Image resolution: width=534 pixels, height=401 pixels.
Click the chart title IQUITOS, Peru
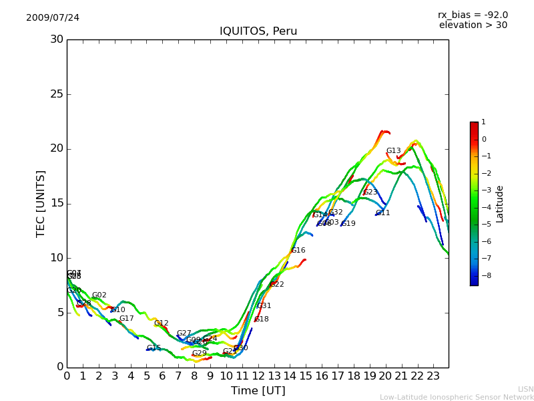tap(258, 31)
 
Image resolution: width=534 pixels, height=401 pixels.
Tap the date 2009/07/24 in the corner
tap(53, 17)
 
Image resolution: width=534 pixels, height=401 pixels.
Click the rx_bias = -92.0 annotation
tap(473, 15)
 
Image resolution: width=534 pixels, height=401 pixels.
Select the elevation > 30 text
tap(473, 25)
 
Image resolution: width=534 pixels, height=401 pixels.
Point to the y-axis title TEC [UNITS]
tap(41, 203)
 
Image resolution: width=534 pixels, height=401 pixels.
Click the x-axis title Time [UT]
tap(258, 390)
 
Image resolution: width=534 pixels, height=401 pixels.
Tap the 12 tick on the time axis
tap(258, 376)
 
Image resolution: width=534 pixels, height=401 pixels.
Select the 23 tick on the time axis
tap(433, 376)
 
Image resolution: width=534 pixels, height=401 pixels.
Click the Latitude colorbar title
tap(500, 203)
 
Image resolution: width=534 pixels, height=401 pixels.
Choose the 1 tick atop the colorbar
tap(483, 122)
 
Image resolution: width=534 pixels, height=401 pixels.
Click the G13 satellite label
tap(393, 151)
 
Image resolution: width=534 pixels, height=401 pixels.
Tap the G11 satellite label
tap(382, 213)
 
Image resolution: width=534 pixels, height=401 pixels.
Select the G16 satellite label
tap(298, 251)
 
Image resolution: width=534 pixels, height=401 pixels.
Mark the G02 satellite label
tap(99, 295)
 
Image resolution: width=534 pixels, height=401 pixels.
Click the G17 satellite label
tap(126, 319)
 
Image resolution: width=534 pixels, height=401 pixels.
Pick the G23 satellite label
tap(370, 192)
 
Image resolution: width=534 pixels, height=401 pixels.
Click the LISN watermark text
tap(526, 389)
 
